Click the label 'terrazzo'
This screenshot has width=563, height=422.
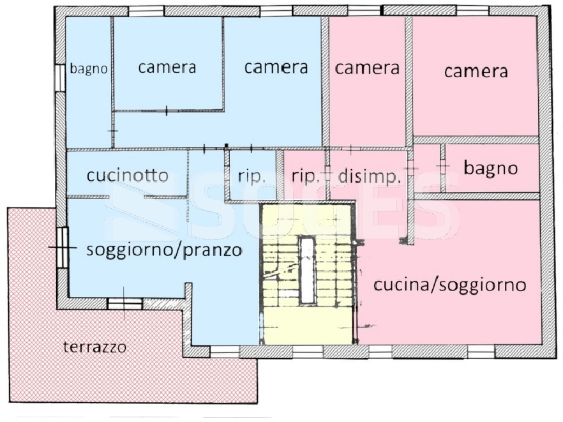[94, 347]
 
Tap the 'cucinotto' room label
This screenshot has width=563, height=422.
[128, 175]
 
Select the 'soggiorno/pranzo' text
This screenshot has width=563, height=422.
[164, 250]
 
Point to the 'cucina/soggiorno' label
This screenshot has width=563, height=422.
[449, 285]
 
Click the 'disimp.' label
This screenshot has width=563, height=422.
[370, 176]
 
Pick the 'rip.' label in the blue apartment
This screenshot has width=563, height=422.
[251, 176]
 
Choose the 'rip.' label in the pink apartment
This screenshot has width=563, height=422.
[305, 176]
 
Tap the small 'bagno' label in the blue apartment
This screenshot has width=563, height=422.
[89, 69]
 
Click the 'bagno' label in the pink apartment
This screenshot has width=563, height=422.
[490, 169]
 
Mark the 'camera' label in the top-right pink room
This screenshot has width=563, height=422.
[476, 71]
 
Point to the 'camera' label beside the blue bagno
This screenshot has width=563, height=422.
[167, 67]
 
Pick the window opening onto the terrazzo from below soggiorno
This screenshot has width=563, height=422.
[124, 304]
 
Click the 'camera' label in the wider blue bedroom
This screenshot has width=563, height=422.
[276, 67]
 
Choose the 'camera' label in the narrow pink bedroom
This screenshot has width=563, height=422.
[367, 67]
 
